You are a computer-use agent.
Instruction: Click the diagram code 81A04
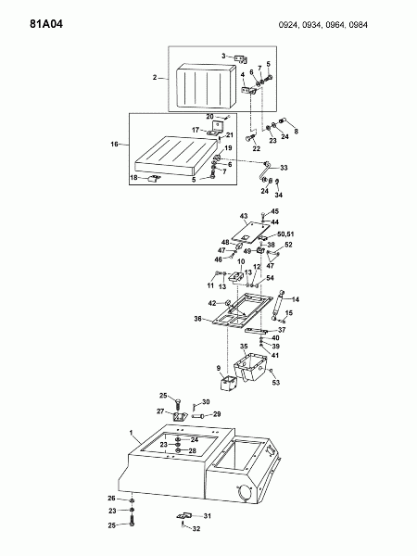(x=46, y=24)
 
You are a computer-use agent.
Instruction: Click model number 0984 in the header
(x=358, y=25)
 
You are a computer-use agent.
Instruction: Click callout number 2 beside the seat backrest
(x=155, y=77)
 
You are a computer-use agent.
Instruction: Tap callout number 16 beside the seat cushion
(x=114, y=144)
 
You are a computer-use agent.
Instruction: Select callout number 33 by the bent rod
(x=284, y=168)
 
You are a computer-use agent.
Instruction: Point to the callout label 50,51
(x=285, y=234)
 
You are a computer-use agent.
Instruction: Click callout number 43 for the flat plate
(x=244, y=216)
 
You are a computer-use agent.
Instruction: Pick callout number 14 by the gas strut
(x=296, y=299)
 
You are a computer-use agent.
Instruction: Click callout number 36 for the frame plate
(x=198, y=319)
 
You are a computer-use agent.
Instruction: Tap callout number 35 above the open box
(x=244, y=346)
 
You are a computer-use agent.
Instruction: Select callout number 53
(x=276, y=382)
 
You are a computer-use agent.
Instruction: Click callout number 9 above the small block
(x=219, y=369)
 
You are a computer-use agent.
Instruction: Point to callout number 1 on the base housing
(x=131, y=433)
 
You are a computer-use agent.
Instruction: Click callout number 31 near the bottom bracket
(x=207, y=516)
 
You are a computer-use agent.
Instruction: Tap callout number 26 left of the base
(x=112, y=499)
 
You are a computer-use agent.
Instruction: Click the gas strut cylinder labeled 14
(x=278, y=305)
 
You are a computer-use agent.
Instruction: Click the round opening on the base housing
(x=245, y=493)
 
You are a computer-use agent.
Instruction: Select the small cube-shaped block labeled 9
(x=228, y=383)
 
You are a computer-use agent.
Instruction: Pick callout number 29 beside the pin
(x=217, y=414)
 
